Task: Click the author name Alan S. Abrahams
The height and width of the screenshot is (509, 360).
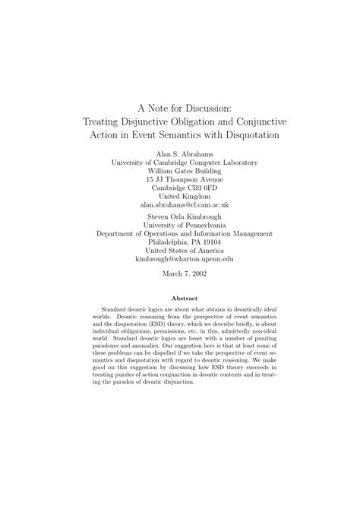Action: point(180,153)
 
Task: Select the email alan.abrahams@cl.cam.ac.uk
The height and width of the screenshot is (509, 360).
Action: point(180,204)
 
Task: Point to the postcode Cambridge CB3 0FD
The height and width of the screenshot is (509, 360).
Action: point(180,187)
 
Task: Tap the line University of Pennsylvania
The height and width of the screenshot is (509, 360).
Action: point(180,225)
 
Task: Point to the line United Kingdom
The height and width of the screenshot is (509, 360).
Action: point(180,196)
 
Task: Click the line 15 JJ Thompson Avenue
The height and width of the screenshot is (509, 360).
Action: point(180,179)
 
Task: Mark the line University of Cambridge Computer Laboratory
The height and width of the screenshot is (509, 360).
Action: point(180,162)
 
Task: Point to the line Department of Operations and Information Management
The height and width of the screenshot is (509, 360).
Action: point(180,233)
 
